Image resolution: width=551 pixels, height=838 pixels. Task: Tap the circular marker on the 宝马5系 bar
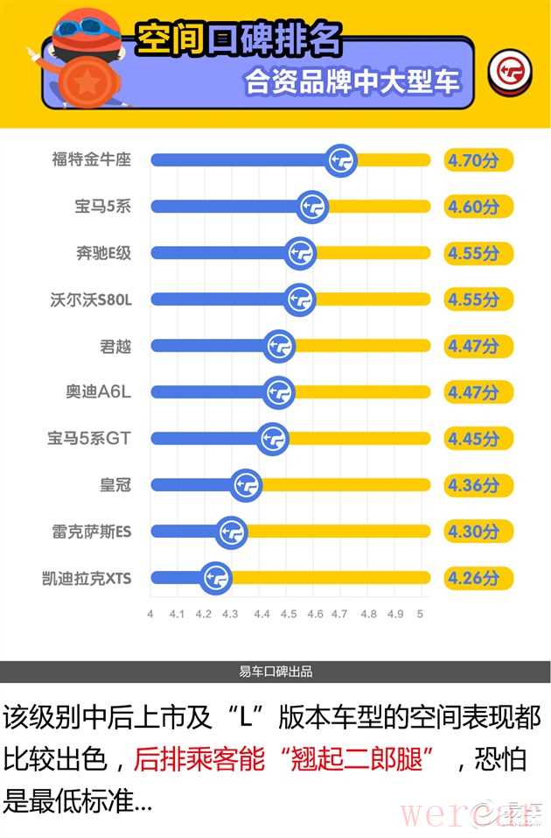click(313, 207)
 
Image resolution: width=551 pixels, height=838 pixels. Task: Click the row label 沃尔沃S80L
click(91, 299)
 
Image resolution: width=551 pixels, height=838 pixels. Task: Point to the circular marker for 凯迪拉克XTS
click(215, 577)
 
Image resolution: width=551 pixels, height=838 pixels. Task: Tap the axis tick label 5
click(420, 614)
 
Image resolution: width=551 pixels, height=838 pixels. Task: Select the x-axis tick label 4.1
click(177, 614)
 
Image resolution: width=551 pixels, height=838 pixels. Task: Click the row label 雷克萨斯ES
click(91, 531)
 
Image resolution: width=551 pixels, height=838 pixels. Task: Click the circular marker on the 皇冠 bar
click(247, 484)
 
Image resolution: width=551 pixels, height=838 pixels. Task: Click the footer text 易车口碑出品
click(275, 672)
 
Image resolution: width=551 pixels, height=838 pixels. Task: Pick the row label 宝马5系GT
click(88, 438)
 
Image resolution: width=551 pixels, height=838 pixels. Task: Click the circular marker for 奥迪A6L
click(279, 392)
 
